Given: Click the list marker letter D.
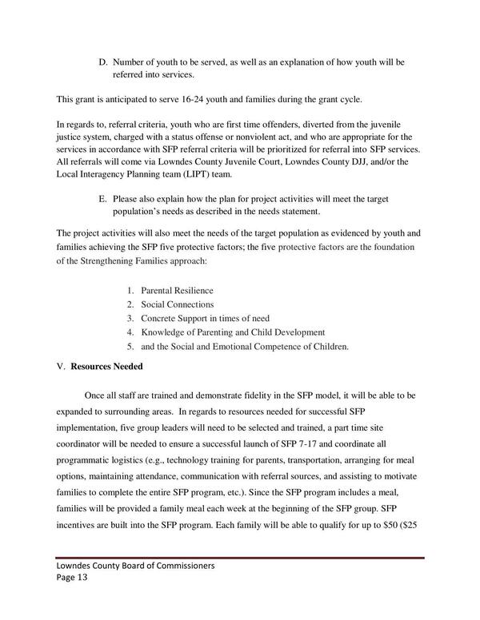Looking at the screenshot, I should pyautogui.click(x=102, y=62).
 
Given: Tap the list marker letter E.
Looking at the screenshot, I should pyautogui.click(x=102, y=197).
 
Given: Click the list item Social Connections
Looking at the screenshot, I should pyautogui.click(x=177, y=304).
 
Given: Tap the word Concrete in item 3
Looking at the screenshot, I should pyautogui.click(x=160, y=319).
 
